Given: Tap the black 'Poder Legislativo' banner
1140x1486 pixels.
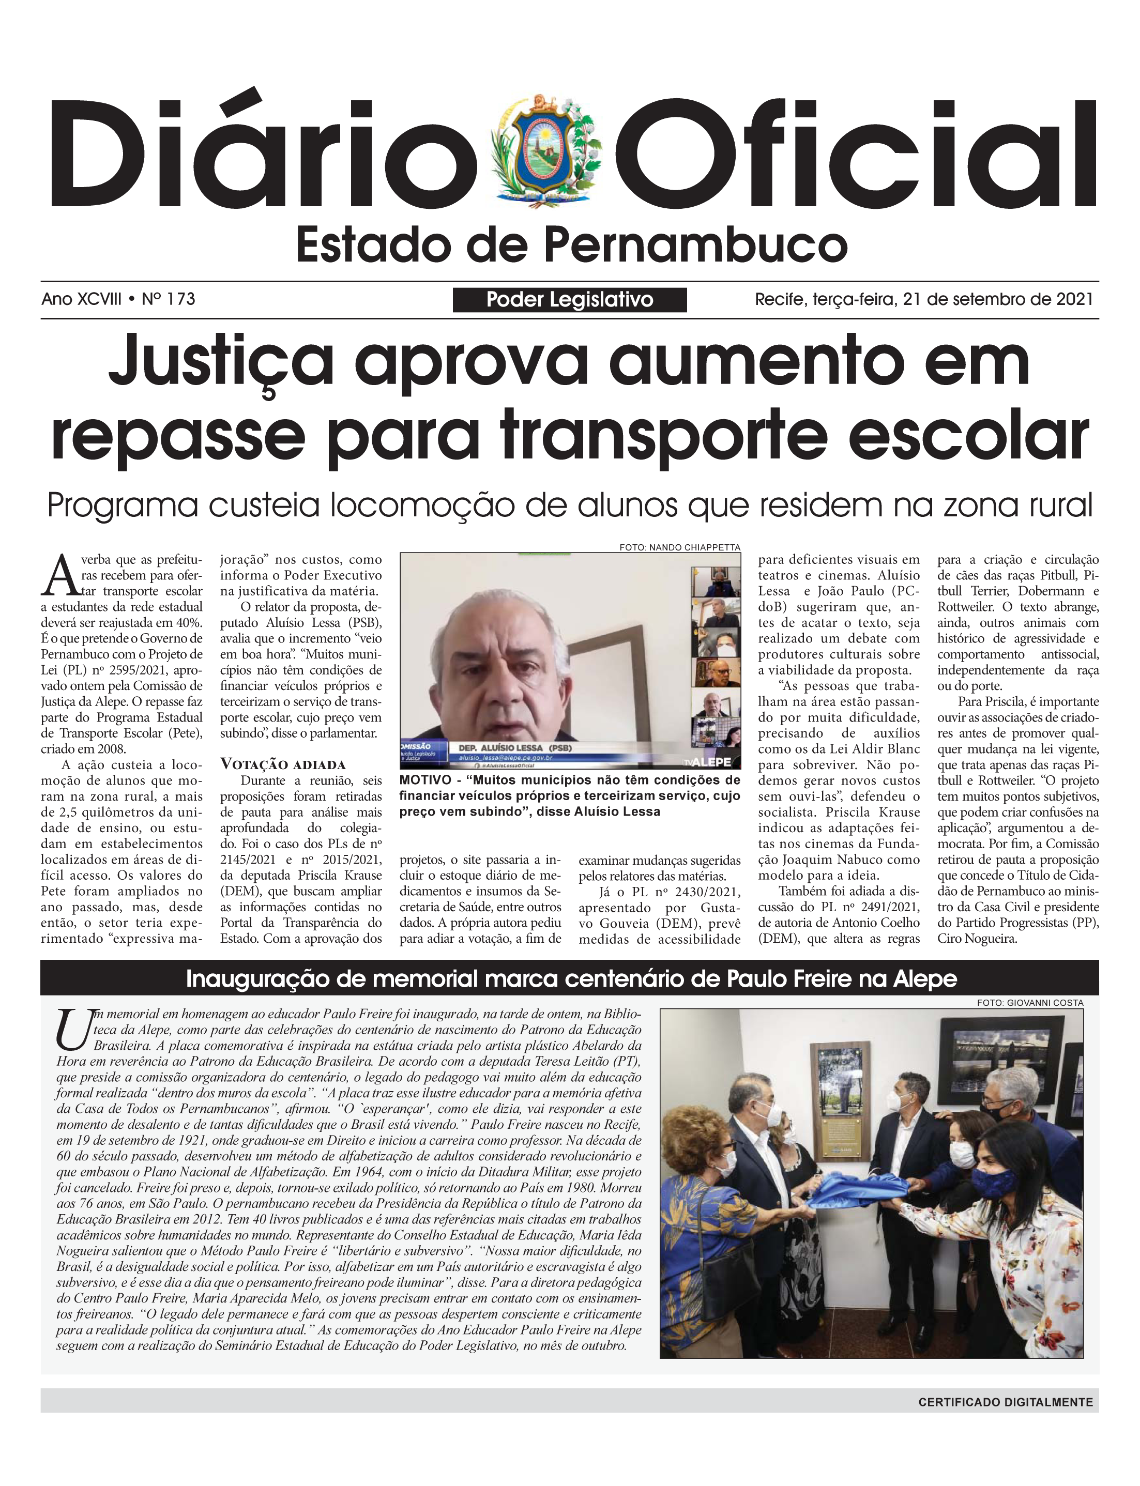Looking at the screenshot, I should point(569,300).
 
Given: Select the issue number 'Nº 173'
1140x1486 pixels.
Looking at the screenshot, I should point(169,299).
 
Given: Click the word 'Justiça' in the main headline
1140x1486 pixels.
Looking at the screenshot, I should point(221,363).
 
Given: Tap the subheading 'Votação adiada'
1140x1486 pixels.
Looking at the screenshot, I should point(283,764).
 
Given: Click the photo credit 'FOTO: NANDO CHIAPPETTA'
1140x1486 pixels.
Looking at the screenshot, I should point(679,547).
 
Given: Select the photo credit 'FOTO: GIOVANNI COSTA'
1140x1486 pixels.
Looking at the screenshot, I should point(1030,1002).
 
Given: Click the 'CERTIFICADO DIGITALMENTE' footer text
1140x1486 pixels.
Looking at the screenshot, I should point(1006,1402).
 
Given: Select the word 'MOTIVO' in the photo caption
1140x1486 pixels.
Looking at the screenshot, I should point(424,780).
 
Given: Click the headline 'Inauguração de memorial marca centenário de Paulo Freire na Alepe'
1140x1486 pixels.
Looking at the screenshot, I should point(571,978).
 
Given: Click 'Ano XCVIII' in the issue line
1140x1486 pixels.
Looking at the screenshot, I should point(82,299).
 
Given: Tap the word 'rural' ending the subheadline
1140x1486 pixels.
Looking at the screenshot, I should point(1059,505).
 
